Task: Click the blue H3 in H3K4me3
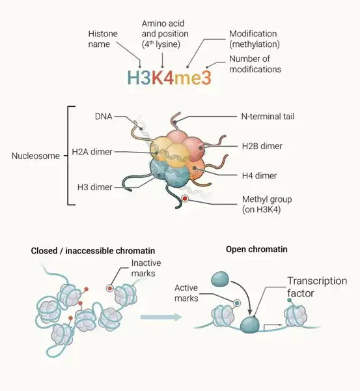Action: coord(139,78)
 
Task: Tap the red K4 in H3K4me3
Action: coord(163,78)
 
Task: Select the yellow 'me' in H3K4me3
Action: coord(187,79)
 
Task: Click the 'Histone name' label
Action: coord(103,39)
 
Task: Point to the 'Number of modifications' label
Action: coord(255,64)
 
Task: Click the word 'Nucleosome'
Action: coord(36,156)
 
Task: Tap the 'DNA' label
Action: coord(104,117)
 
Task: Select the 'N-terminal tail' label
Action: coord(268,117)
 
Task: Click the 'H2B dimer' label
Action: coord(262,146)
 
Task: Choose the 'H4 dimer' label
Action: coord(259,176)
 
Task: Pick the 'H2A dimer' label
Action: coord(92,152)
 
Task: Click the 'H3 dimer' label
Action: coord(94,187)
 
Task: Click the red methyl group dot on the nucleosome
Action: coord(185,199)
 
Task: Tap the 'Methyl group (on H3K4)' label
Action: coord(267,205)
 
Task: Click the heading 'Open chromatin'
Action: coord(256,249)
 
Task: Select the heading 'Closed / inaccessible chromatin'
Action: coord(93,251)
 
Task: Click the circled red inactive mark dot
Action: coord(109,289)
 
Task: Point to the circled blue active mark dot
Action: coord(237,303)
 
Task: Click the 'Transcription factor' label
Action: coord(317,287)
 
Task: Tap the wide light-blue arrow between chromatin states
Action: coord(161,317)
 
